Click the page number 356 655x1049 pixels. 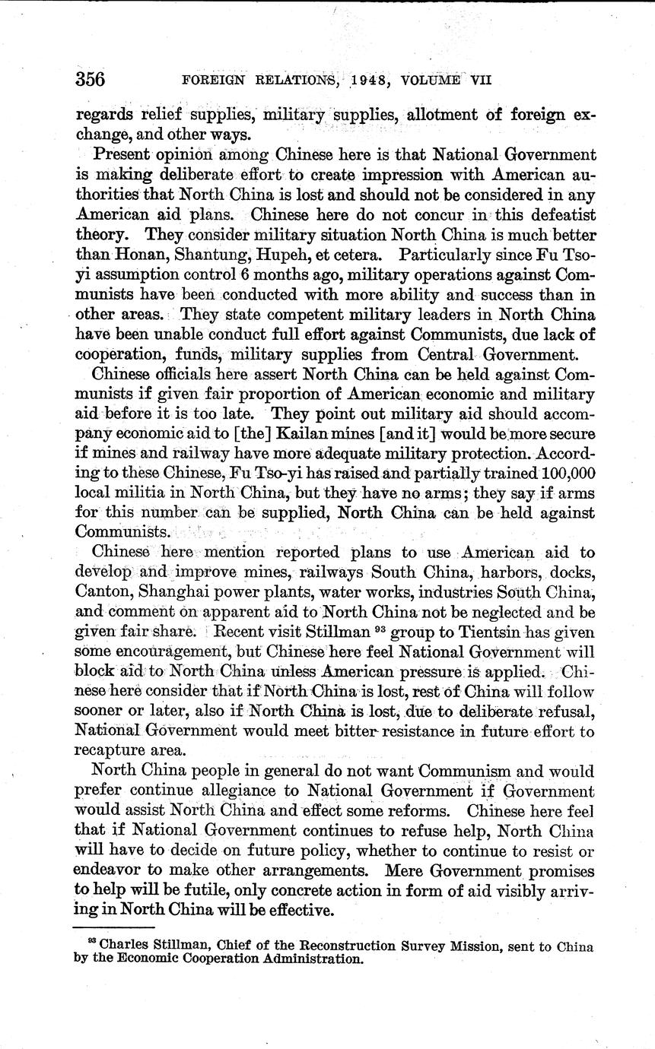(x=90, y=79)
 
